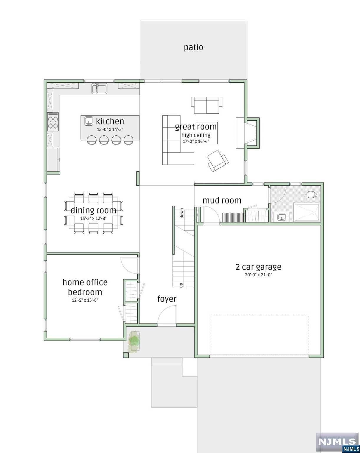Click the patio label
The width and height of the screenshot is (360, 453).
[x=194, y=47]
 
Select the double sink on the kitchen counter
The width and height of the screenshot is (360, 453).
[x=99, y=88]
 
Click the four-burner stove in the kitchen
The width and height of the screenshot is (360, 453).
[x=53, y=122]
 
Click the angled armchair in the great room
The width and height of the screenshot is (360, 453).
[x=218, y=160]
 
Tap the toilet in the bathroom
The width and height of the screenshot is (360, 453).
[x=311, y=194]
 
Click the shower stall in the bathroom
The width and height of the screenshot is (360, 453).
[x=306, y=213]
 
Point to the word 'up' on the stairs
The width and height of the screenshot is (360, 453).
[x=181, y=285]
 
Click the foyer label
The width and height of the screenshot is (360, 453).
[x=167, y=299]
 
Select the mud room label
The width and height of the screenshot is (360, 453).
[x=222, y=201]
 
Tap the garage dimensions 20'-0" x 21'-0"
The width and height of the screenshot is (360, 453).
[x=258, y=275]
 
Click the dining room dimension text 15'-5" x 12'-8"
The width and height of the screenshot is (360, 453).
[x=93, y=219]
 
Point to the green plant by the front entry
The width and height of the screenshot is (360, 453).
[x=134, y=341]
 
